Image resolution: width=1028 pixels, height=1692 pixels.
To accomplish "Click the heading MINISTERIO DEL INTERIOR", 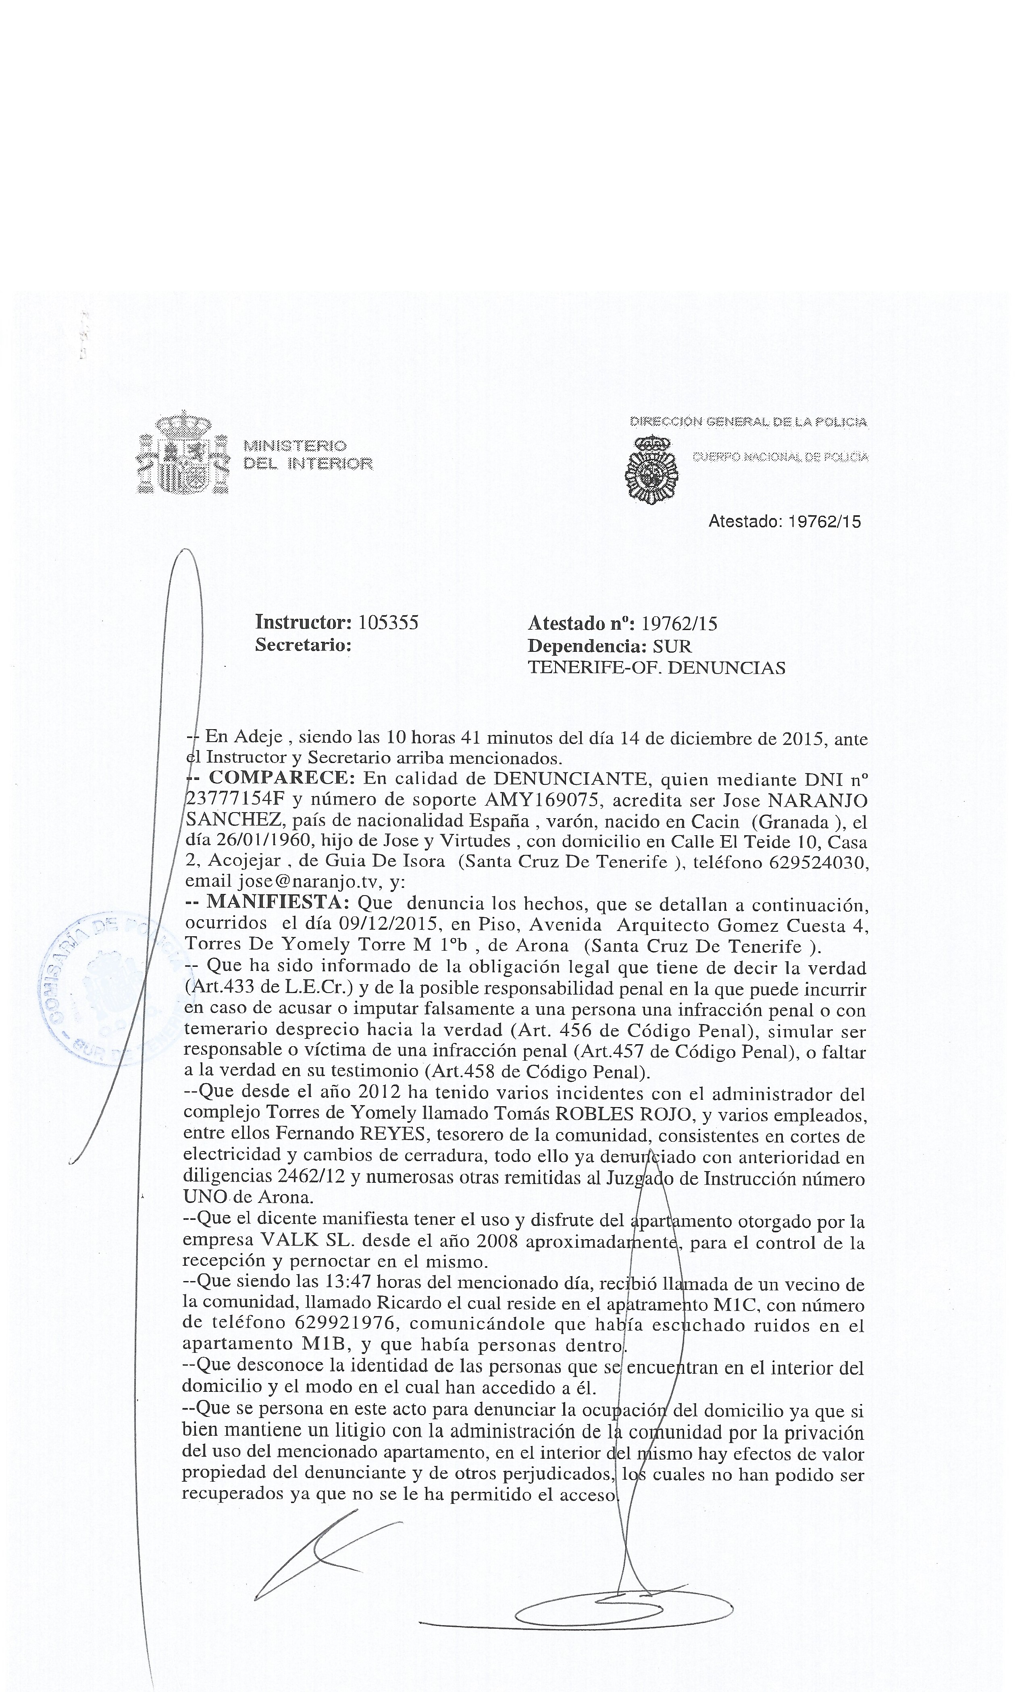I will click(308, 454).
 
